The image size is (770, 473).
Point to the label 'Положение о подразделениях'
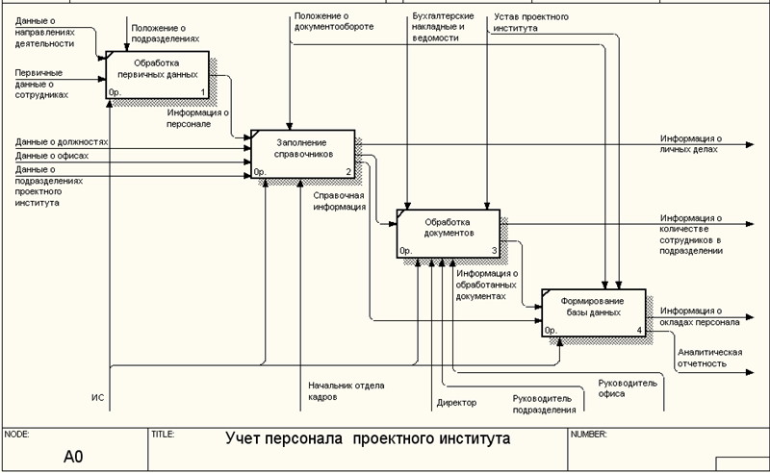tap(166, 34)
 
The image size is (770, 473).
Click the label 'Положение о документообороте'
tap(334, 21)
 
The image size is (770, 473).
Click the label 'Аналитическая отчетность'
tap(709, 358)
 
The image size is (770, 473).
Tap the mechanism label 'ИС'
tap(97, 397)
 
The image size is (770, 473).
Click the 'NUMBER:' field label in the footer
tap(589, 434)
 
